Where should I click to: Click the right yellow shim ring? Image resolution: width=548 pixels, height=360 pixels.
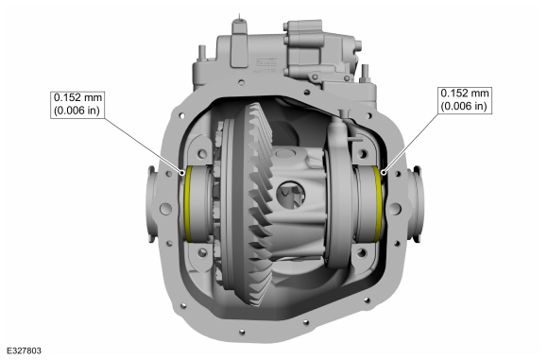pos(380,201)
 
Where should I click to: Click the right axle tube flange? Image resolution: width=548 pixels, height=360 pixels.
pos(413,200)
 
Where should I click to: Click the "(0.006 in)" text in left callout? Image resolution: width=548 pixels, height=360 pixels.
pos(77,111)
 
